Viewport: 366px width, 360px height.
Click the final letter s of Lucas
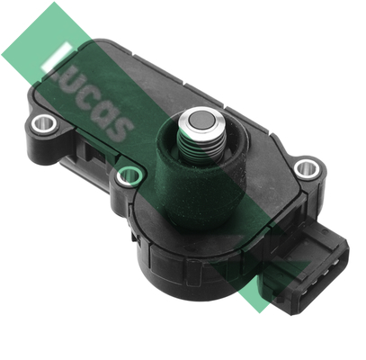(x=119, y=129)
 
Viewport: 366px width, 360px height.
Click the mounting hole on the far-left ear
(x=44, y=122)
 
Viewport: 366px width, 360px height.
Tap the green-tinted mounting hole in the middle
(x=129, y=175)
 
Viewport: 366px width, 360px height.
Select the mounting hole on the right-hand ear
(x=307, y=169)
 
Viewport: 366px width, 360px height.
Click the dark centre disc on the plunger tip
(x=201, y=121)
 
